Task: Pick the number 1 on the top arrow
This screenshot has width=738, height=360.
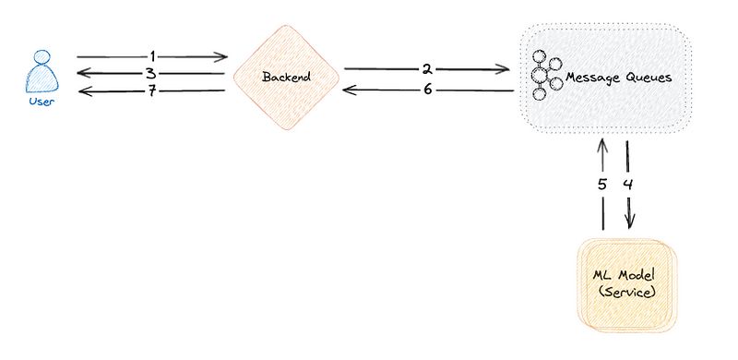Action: click(152, 56)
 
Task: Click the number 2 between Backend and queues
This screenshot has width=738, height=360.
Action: click(427, 68)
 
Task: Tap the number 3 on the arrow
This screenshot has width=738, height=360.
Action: click(149, 73)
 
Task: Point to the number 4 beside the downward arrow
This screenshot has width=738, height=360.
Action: click(628, 184)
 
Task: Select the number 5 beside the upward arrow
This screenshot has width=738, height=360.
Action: click(601, 184)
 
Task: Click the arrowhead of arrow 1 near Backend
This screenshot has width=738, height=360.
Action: click(222, 56)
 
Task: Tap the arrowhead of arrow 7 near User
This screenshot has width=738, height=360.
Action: click(82, 90)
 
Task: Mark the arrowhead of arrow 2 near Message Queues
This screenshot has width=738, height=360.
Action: click(506, 68)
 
